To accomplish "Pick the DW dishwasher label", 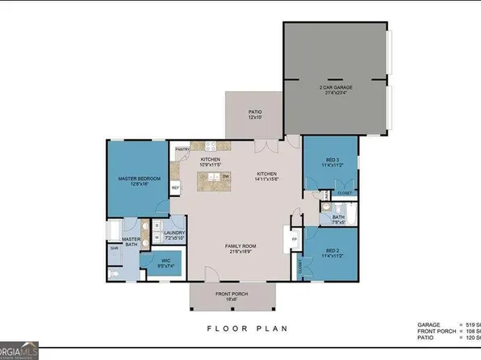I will tap(226, 176).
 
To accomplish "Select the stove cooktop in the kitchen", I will tap(214, 147).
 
